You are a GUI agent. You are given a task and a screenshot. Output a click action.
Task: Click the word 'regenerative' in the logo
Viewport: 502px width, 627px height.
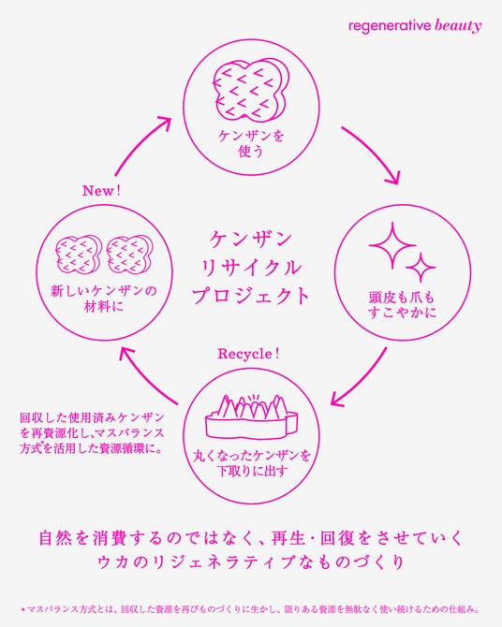[x=390, y=26]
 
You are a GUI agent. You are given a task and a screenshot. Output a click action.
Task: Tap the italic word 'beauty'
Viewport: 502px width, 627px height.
[x=458, y=26]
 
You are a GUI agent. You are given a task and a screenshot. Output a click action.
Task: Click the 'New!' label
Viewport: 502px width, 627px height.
[x=101, y=191]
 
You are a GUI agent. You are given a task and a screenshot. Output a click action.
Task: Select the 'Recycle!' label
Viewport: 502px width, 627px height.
[x=248, y=354]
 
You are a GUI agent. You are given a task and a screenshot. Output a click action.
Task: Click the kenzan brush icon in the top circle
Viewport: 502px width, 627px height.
[x=250, y=90]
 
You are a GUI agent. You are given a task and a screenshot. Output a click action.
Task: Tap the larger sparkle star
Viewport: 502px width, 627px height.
[x=392, y=245]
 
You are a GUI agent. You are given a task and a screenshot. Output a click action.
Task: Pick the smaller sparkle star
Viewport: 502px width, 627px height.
[x=421, y=267]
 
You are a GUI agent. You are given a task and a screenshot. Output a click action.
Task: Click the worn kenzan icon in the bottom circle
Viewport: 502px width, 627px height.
[x=251, y=416]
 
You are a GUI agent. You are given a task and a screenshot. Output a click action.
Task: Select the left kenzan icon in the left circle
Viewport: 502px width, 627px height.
[x=79, y=255]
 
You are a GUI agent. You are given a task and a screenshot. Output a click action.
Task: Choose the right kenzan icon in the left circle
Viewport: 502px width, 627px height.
[x=129, y=255]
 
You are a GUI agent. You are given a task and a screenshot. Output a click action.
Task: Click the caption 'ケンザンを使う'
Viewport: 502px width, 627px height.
[x=251, y=143]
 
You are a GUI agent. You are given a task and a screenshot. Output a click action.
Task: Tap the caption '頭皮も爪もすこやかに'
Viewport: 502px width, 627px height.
[x=402, y=305]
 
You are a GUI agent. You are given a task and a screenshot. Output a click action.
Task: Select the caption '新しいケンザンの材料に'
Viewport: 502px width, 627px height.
[x=104, y=299]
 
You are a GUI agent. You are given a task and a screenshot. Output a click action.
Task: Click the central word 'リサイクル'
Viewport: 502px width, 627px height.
[x=251, y=268]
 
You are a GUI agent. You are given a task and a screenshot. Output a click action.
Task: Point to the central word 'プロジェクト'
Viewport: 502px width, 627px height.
[x=251, y=297]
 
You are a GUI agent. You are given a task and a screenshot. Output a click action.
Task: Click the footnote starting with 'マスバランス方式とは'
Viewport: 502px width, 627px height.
[x=251, y=610]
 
